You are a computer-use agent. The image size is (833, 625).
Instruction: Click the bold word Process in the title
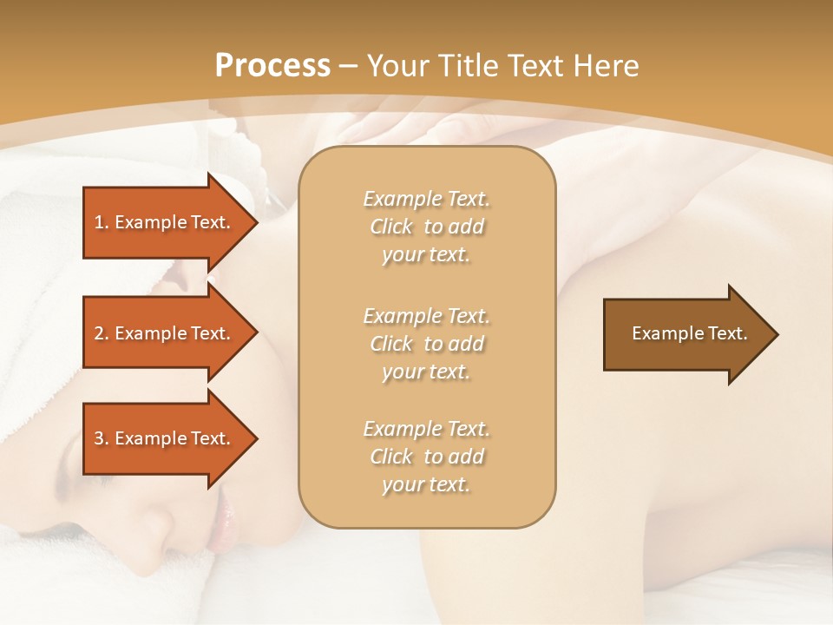(272, 66)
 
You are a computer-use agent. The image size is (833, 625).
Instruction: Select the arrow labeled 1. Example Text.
(165, 222)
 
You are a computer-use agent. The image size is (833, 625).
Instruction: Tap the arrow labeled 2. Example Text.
(165, 333)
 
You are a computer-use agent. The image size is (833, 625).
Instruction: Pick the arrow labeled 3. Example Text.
(165, 438)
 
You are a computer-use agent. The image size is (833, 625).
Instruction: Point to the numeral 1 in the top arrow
(99, 222)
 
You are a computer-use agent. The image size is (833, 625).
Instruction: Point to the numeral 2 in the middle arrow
(99, 333)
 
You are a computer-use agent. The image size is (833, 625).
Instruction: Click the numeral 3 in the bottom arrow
(99, 438)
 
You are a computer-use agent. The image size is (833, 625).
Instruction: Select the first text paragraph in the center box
(426, 227)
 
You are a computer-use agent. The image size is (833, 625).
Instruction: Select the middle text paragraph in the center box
(426, 343)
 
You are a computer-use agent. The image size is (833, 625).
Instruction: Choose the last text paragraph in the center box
(426, 457)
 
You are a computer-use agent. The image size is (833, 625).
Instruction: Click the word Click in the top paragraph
(391, 227)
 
